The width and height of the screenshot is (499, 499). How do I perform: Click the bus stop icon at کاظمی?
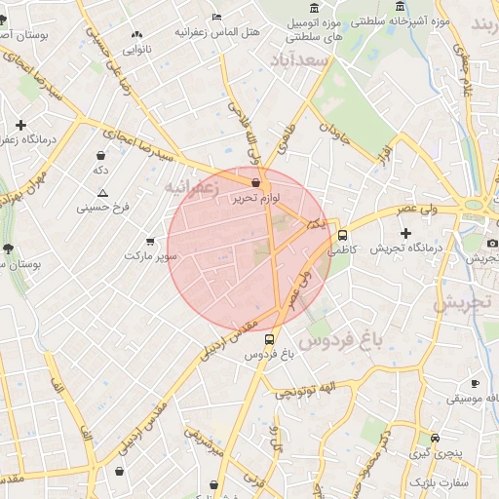(342, 235)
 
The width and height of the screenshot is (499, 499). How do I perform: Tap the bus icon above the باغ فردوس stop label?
(269, 340)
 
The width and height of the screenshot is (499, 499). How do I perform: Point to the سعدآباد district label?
(305, 61)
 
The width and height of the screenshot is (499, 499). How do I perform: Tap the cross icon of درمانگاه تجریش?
(406, 233)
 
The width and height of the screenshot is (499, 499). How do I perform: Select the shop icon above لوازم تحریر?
(255, 182)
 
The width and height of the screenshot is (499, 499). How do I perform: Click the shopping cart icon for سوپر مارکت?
(149, 241)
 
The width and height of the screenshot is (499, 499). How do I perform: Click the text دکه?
(100, 171)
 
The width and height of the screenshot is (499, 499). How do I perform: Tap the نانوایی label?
(136, 48)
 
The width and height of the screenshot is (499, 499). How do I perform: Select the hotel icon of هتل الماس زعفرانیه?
(216, 17)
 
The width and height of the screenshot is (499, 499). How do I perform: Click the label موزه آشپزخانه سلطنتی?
(440, 19)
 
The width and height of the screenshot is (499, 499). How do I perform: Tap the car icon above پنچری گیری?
(435, 438)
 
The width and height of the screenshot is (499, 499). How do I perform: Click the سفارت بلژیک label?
(439, 482)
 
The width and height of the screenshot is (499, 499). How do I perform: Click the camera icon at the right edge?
(492, 243)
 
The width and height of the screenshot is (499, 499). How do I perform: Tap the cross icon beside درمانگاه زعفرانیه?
(20, 126)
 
